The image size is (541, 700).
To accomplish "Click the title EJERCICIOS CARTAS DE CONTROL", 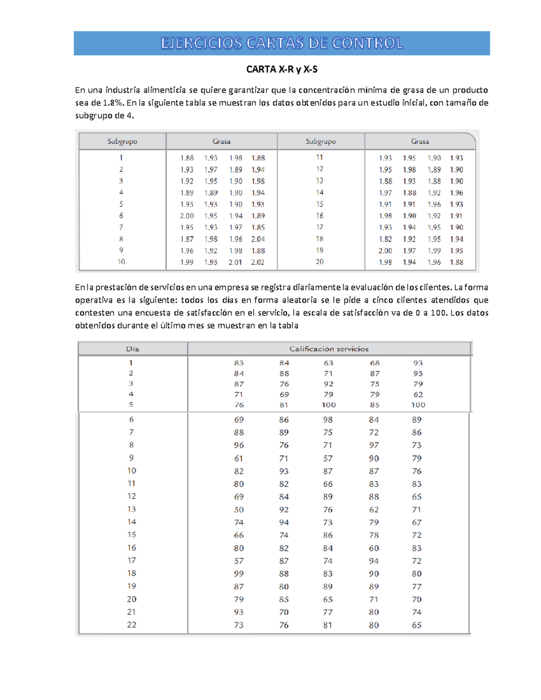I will point(282,43).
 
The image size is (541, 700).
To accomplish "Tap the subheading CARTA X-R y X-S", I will point(282,69).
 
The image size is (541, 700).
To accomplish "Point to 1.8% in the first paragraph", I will point(113,103).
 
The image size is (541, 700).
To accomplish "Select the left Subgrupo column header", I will point(122,142).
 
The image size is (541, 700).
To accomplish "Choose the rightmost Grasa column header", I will point(420,142).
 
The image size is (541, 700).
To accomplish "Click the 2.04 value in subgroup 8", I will point(258,239).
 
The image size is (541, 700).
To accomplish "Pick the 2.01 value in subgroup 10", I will point(235,262).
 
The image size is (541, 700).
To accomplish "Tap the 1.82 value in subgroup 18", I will point(385,239).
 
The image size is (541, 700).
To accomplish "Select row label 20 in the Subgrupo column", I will point(320,262).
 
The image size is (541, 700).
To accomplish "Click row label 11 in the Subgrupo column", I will point(320,157).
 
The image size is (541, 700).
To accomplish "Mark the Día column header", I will point(133,349).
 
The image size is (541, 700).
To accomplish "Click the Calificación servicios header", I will point(329,349).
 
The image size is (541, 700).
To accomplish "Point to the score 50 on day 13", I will point(238,510).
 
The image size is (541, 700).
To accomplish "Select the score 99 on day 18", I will point(238,574).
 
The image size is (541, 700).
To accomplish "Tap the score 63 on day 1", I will point(328,363).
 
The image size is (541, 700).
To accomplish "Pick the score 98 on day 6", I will point(328,420).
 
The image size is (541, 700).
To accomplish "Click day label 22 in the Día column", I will point(131,625).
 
